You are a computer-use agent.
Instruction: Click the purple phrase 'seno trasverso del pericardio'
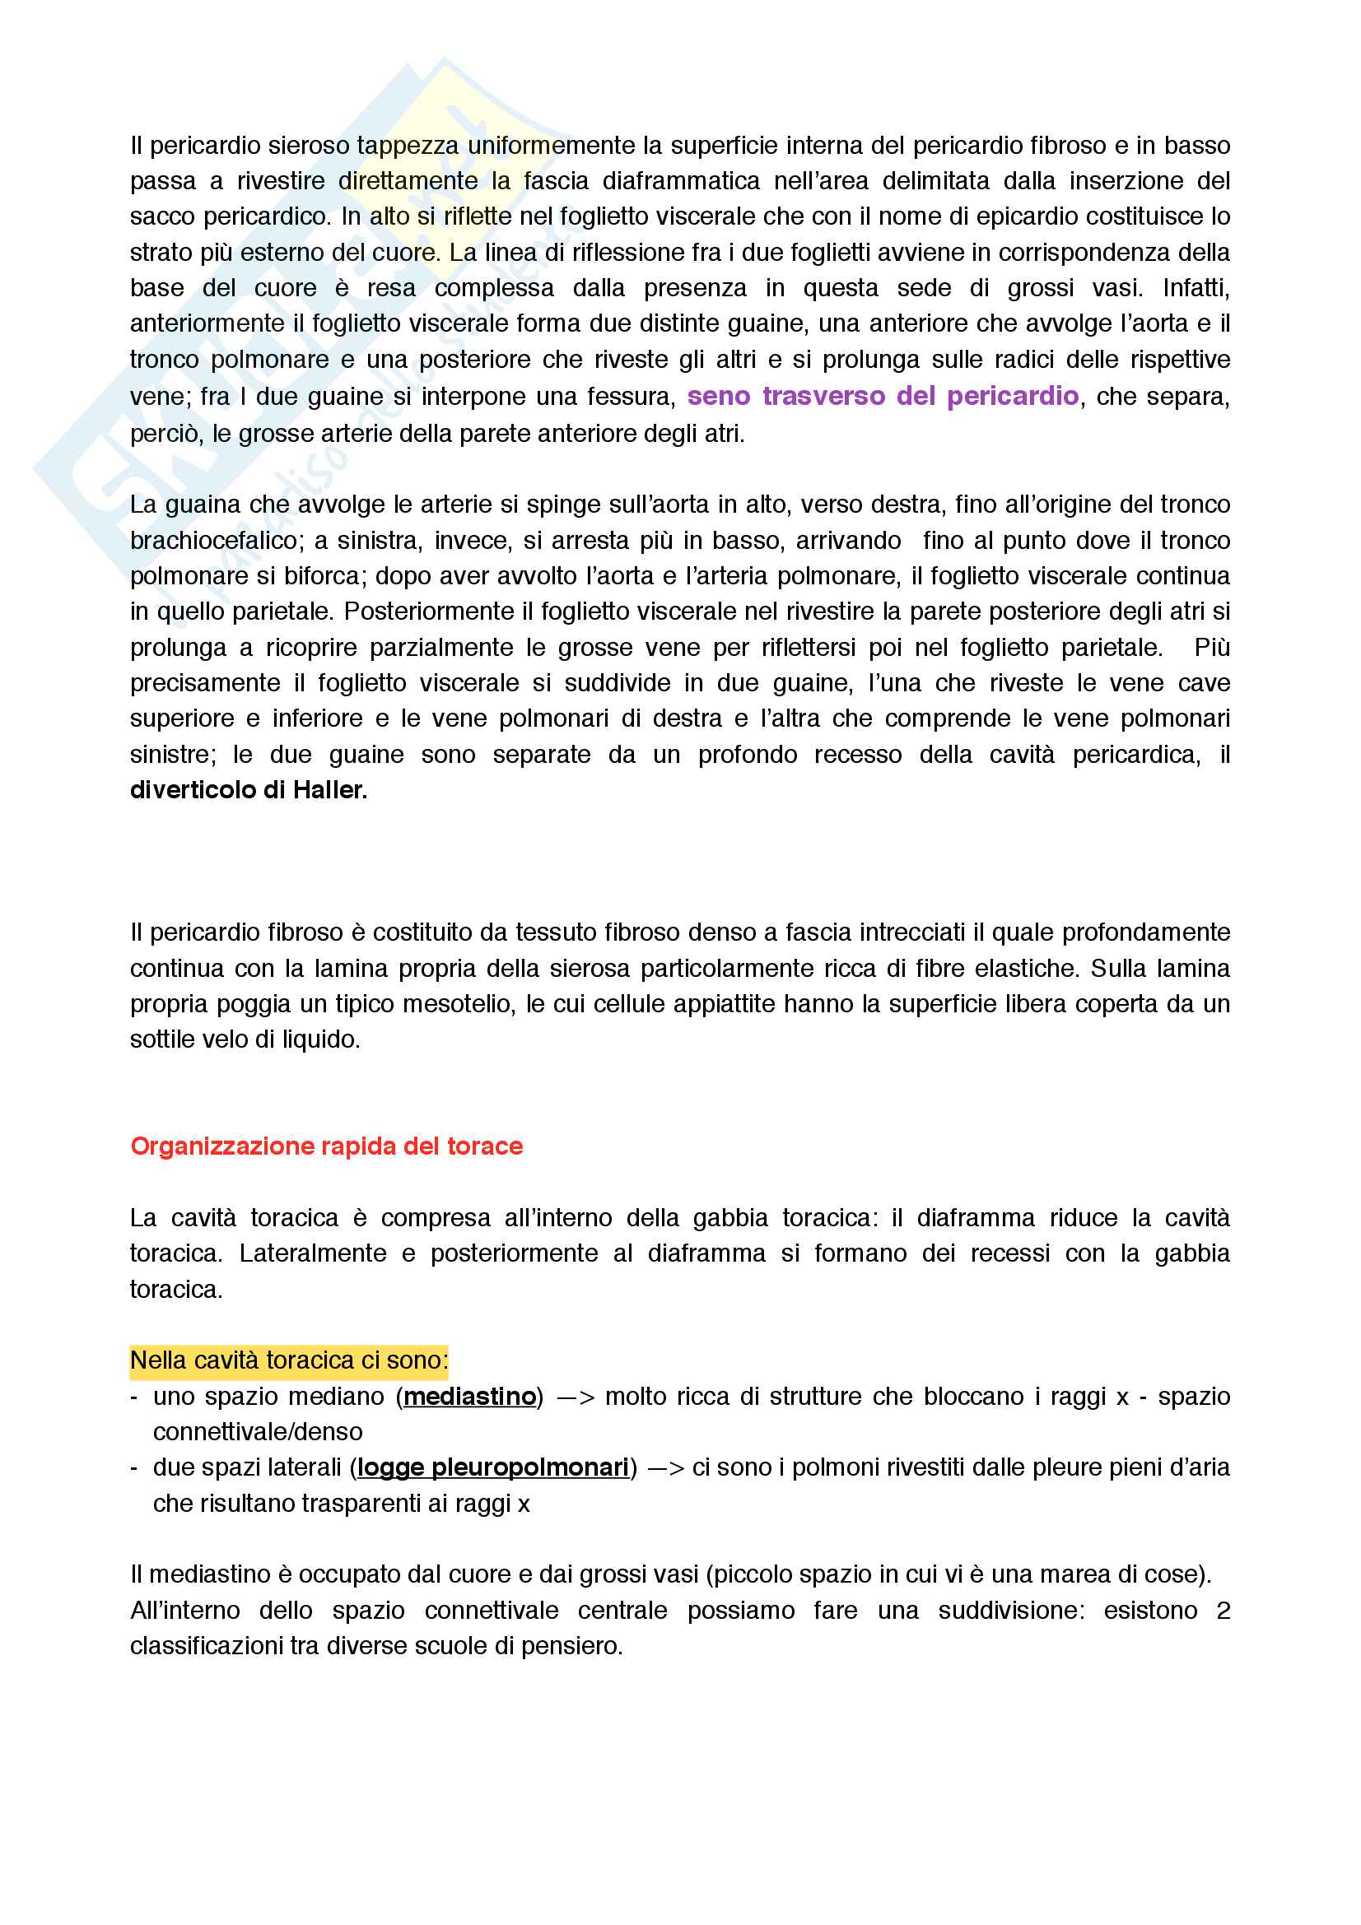(x=882, y=396)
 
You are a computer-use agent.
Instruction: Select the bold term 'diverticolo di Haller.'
(x=248, y=790)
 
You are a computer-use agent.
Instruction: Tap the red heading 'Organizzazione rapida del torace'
(x=326, y=1146)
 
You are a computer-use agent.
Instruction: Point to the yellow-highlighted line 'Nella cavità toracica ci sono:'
(x=288, y=1360)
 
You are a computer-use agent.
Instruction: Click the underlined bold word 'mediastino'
(x=469, y=1396)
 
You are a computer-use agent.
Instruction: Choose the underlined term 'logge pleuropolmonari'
(x=492, y=1467)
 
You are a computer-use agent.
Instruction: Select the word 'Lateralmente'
(x=312, y=1253)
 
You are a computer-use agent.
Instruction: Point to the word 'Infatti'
(x=1195, y=287)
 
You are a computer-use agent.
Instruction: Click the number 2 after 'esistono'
(x=1223, y=1611)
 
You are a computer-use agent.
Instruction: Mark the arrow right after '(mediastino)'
(x=575, y=1397)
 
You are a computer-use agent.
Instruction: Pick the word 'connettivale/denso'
(x=258, y=1432)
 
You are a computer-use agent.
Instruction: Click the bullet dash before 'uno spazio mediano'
(x=134, y=1397)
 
